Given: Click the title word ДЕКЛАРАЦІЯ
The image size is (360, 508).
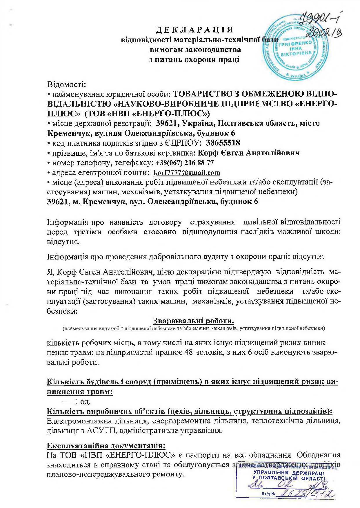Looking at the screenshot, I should [x=194, y=30].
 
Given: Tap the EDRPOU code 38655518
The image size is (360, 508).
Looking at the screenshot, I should [x=223, y=143].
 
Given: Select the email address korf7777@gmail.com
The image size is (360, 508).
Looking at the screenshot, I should [x=187, y=173].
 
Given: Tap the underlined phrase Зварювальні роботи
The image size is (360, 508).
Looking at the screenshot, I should [x=193, y=321].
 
